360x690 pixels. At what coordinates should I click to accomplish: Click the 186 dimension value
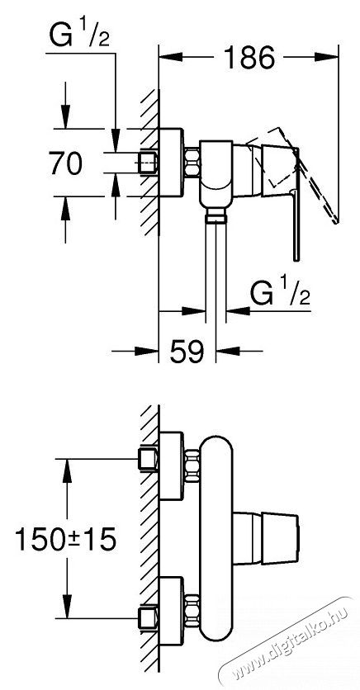(x=249, y=57)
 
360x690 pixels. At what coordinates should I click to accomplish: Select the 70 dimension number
(x=65, y=163)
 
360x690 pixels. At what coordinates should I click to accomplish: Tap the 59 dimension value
(x=187, y=351)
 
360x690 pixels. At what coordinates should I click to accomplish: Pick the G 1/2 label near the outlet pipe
(x=281, y=293)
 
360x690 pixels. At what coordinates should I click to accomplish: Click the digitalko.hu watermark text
(x=291, y=644)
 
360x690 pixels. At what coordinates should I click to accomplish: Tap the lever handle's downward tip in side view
(x=296, y=259)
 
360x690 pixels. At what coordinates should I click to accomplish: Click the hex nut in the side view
(x=191, y=163)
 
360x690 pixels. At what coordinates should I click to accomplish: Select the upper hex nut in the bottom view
(x=192, y=466)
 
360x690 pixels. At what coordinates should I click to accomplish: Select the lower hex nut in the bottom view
(x=192, y=610)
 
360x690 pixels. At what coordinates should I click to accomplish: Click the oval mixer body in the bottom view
(x=216, y=538)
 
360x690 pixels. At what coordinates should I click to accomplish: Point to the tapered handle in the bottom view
(x=266, y=538)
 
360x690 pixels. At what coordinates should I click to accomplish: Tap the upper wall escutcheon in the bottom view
(x=171, y=466)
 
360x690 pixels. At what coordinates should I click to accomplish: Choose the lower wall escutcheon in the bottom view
(x=171, y=610)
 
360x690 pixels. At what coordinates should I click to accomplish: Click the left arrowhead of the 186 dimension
(x=170, y=57)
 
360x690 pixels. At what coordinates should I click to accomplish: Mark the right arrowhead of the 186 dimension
(x=326, y=57)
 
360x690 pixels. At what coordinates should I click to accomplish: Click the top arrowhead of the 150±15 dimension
(x=67, y=470)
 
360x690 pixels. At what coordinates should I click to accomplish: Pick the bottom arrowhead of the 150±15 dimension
(x=67, y=607)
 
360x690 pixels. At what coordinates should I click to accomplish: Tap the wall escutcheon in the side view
(x=171, y=163)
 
